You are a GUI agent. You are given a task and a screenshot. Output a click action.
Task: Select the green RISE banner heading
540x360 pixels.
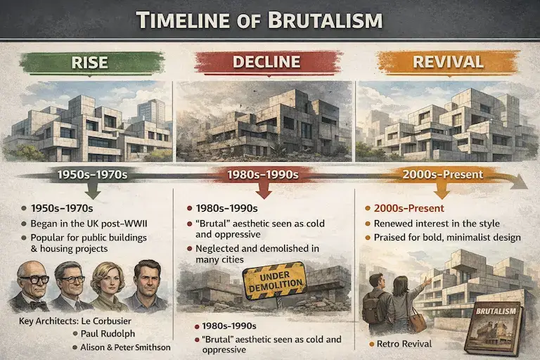click(89, 63)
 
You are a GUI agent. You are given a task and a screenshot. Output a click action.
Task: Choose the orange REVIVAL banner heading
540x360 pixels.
click(448, 63)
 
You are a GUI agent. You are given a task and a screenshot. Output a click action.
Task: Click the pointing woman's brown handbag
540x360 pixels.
click(418, 321)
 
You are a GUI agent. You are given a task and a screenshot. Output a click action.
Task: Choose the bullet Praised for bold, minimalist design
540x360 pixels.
click(450, 238)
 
